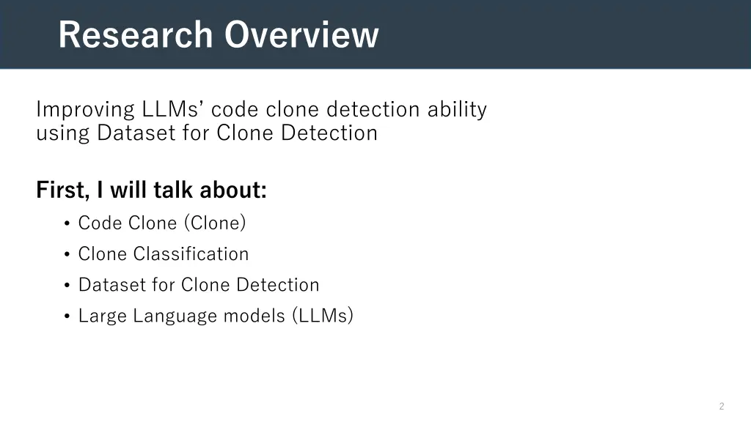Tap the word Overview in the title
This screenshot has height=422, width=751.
point(301,34)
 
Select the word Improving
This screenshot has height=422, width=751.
point(84,110)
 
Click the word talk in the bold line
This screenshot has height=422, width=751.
point(174,190)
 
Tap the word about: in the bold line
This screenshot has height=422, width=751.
point(233,190)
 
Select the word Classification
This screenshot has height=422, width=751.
point(191,254)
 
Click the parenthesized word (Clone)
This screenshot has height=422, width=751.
point(215,223)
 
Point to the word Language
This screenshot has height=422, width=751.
point(175,316)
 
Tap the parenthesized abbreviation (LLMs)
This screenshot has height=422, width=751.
point(323,316)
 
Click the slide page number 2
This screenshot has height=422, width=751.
point(722,406)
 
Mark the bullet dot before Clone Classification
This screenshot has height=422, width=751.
point(67,255)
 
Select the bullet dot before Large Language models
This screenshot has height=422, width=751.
point(67,316)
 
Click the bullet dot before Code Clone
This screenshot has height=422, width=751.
point(67,224)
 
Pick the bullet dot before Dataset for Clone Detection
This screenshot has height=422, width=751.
point(67,286)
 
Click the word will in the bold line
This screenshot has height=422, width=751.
point(132,190)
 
